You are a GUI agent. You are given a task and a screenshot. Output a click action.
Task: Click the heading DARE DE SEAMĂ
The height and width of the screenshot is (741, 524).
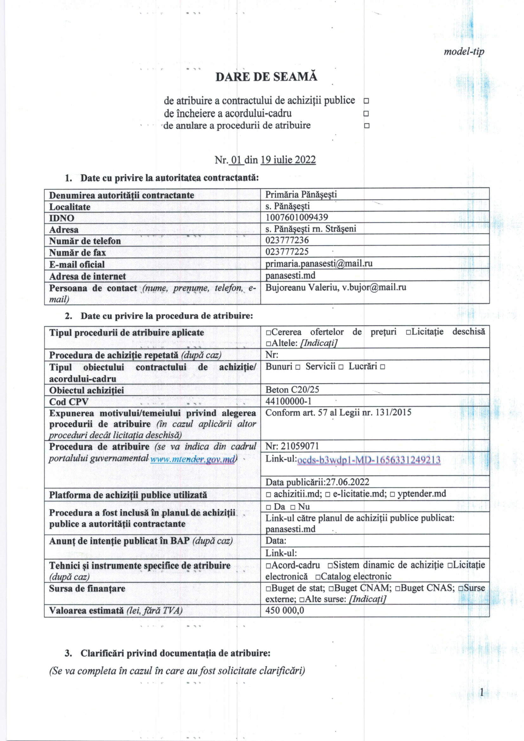click(266, 77)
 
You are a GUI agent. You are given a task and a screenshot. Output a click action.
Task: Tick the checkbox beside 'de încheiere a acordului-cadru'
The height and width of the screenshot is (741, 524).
click(366, 114)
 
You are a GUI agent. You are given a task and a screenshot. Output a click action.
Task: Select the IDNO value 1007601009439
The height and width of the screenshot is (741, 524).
click(297, 217)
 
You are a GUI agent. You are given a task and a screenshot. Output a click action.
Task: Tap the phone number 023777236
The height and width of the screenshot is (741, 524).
click(287, 240)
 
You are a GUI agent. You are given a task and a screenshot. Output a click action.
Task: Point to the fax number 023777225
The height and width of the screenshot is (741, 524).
click(287, 252)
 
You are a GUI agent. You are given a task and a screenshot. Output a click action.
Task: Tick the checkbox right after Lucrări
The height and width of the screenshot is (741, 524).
click(382, 367)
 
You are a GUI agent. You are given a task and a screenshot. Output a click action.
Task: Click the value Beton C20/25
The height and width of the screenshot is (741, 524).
click(292, 390)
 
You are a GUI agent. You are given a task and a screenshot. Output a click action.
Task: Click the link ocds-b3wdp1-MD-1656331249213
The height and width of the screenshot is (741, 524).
click(368, 460)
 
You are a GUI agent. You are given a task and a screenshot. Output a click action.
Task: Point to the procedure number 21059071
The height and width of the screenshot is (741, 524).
click(300, 446)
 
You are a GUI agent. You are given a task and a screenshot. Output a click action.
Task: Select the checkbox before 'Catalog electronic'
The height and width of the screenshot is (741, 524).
click(317, 577)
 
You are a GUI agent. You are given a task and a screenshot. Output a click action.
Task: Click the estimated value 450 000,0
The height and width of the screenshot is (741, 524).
click(284, 610)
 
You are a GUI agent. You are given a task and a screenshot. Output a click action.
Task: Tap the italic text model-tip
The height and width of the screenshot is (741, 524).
click(464, 52)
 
